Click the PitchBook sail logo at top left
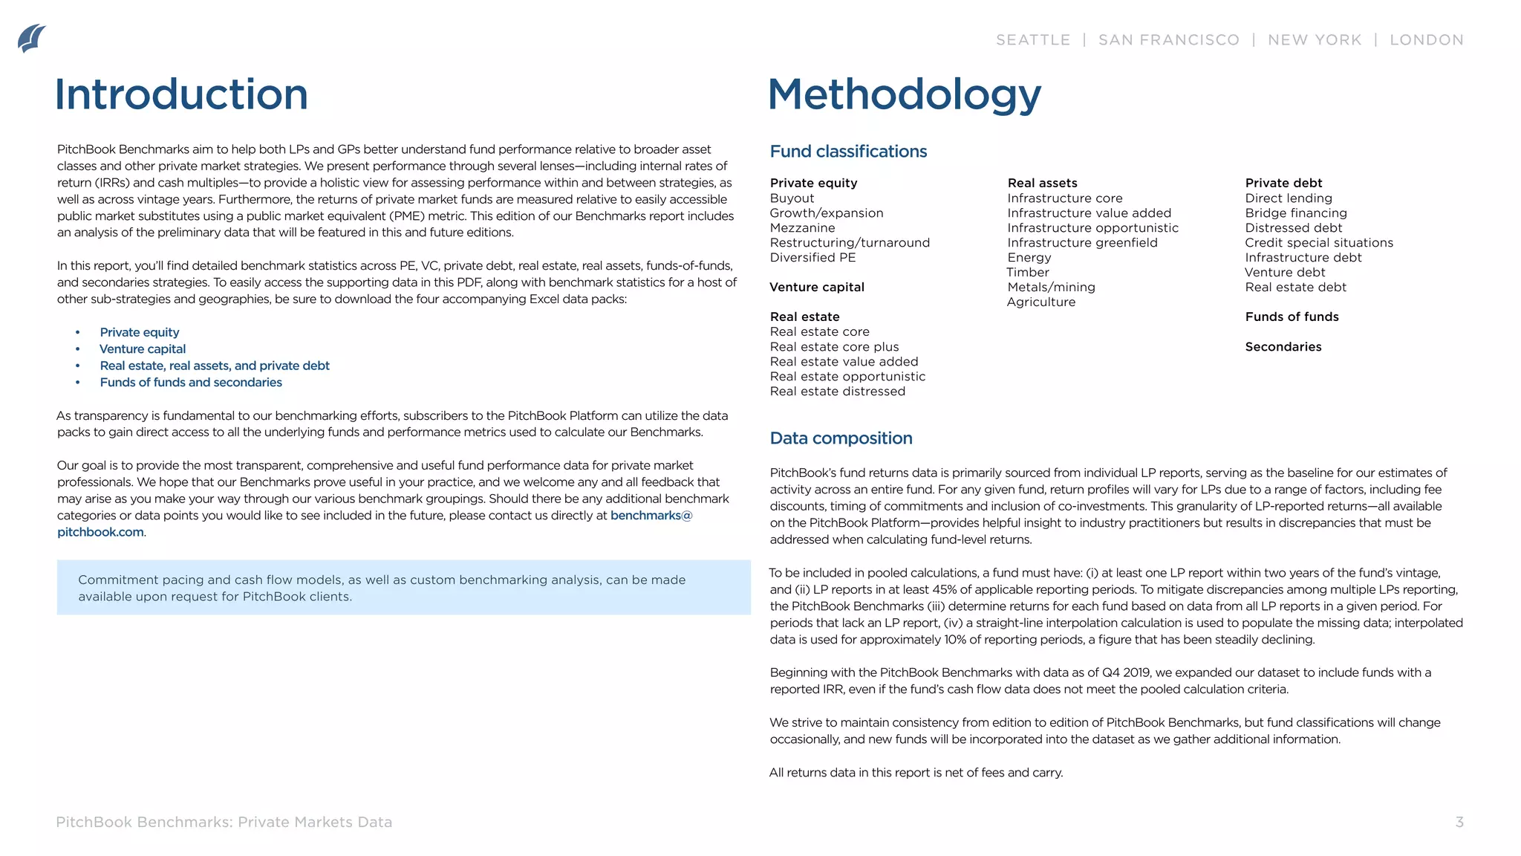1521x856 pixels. (31, 39)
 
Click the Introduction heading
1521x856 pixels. (181, 95)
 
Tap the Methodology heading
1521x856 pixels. (904, 95)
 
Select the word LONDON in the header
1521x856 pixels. (1426, 40)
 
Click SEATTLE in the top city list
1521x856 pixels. (1032, 40)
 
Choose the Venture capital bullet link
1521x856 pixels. (143, 349)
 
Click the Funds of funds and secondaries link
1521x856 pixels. (191, 383)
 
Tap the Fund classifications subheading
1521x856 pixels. (848, 152)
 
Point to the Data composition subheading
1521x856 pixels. (841, 438)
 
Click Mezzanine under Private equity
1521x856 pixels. (802, 228)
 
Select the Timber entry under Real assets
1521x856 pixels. (1028, 273)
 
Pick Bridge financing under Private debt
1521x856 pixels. (1295, 213)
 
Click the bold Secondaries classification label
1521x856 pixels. (1283, 347)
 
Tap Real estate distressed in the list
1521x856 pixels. (837, 392)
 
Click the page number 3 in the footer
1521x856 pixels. (1459, 822)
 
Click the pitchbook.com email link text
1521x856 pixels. (100, 533)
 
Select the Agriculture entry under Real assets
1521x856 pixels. (1040, 302)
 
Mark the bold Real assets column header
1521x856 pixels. (1042, 184)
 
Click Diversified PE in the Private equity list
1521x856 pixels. (812, 258)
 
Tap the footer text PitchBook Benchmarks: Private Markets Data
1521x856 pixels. (224, 822)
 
